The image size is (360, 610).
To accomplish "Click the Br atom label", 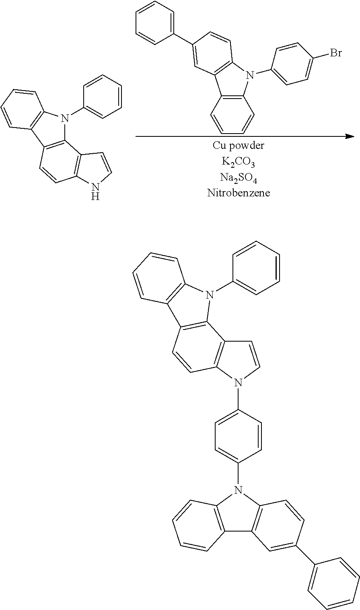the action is [x=336, y=53].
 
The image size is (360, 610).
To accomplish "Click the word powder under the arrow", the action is [x=249, y=145].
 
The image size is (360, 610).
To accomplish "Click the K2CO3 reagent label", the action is [x=239, y=162].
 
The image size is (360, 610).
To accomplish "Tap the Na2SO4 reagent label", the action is [x=239, y=177].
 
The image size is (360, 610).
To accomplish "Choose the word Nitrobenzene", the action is [x=239, y=193].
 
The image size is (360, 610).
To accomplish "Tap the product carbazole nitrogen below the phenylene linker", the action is [x=239, y=490].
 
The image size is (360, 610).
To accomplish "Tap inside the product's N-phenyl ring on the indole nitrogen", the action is [x=256, y=268].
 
